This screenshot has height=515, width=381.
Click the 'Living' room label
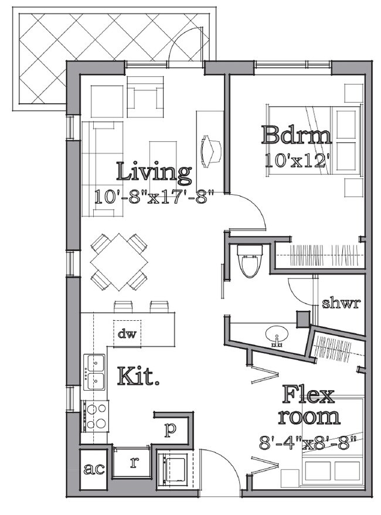click(x=154, y=172)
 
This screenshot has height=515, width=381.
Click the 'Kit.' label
click(x=138, y=376)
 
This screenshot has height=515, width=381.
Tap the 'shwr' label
click(x=341, y=303)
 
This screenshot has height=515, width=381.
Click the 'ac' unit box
click(x=94, y=469)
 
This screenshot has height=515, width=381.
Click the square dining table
click(x=119, y=262)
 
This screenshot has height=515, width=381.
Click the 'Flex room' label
click(x=308, y=405)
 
